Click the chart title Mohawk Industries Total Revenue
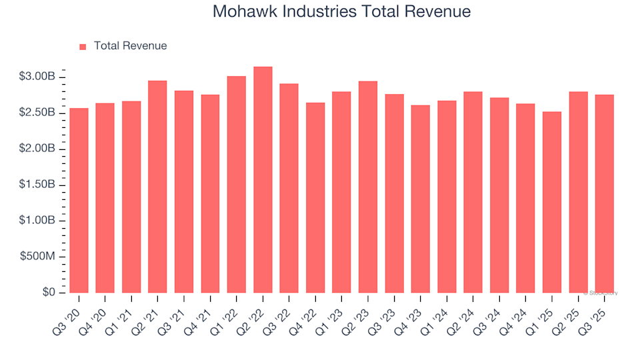point(341,12)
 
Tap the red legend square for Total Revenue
point(83,47)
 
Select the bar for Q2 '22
point(263,180)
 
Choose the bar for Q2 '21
point(157,187)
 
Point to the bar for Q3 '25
point(605,193)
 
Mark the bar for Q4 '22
point(315,197)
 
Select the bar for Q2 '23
point(368,187)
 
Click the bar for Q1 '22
point(237,185)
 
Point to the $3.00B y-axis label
point(37,77)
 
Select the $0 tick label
point(49,293)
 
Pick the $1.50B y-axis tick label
point(37,185)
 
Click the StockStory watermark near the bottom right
point(601,293)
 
